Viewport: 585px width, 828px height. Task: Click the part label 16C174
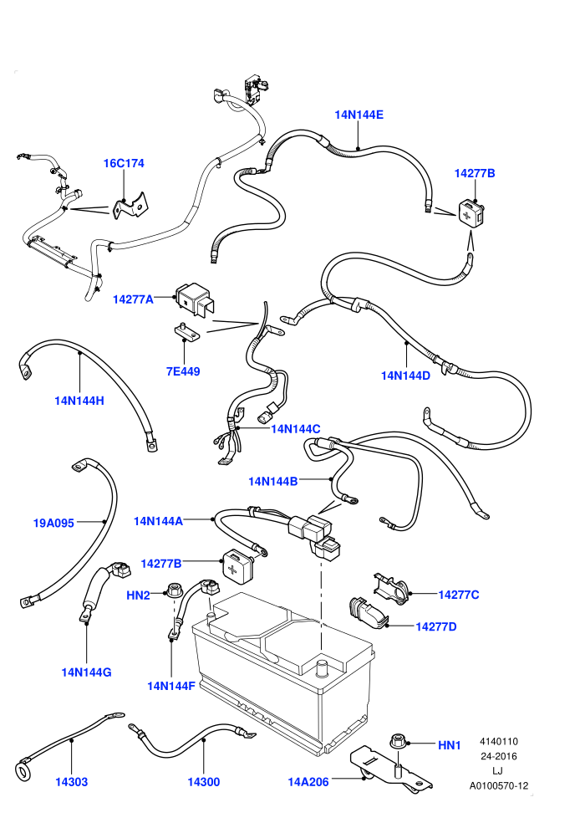[x=124, y=163]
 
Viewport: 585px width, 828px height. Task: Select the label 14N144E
[x=359, y=115]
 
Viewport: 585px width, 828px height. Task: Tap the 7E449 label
[x=183, y=371]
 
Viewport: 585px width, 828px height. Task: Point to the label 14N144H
[x=79, y=401]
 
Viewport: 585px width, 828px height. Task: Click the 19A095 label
[x=53, y=523]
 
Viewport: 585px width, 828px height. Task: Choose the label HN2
[x=138, y=595]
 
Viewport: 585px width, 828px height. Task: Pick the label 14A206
[x=308, y=781]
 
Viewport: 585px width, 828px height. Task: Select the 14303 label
[x=72, y=781]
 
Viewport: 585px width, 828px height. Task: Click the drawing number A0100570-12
[x=498, y=785]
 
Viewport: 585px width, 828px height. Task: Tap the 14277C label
[x=459, y=595]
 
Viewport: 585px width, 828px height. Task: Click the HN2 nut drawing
[x=171, y=590]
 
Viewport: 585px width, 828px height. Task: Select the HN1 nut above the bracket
[x=399, y=741]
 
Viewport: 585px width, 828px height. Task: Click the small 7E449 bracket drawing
[x=186, y=332]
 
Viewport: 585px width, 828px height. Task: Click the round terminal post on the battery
[x=321, y=667]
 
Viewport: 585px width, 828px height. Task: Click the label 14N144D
[x=405, y=376]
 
